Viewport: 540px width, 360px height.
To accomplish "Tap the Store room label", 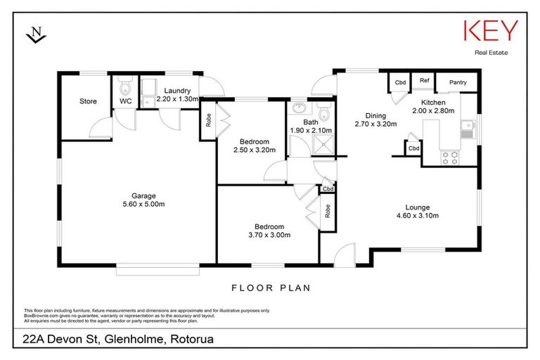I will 88,102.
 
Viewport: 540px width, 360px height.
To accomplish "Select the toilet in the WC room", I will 125,89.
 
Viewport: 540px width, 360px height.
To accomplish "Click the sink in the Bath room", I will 301,109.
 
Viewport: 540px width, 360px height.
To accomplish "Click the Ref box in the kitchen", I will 424,81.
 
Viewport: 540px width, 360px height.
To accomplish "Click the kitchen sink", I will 466,129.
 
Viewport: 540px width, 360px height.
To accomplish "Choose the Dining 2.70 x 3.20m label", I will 375,120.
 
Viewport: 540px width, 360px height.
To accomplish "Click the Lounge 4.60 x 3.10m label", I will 422,212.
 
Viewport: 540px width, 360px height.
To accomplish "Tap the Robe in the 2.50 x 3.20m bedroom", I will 208,120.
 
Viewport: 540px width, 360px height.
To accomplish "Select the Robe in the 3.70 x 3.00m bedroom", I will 328,211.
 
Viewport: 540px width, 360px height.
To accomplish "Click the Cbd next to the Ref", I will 400,83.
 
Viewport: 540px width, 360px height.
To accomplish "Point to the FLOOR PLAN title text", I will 270,288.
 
